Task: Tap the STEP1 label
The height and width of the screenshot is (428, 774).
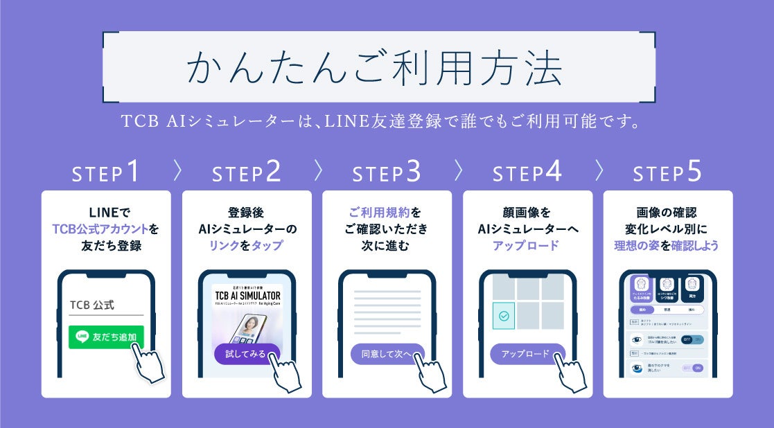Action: tap(106, 173)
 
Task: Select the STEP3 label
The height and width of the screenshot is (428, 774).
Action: tap(386, 173)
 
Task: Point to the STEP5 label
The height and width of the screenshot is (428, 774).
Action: tap(667, 173)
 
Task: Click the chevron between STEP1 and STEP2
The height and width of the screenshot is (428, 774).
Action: tap(177, 171)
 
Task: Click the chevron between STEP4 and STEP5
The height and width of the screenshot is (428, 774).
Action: tap(599, 171)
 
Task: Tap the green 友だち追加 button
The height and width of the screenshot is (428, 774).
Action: tap(106, 337)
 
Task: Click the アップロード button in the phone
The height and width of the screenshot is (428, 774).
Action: tap(526, 354)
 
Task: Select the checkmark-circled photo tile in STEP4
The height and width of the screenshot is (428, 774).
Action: tap(504, 315)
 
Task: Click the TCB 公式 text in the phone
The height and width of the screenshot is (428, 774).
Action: tap(91, 305)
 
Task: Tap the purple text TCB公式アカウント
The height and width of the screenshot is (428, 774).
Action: tap(100, 229)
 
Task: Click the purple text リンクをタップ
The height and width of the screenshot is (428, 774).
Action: tap(246, 245)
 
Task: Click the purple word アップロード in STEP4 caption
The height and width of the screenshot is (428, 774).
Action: tap(527, 245)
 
